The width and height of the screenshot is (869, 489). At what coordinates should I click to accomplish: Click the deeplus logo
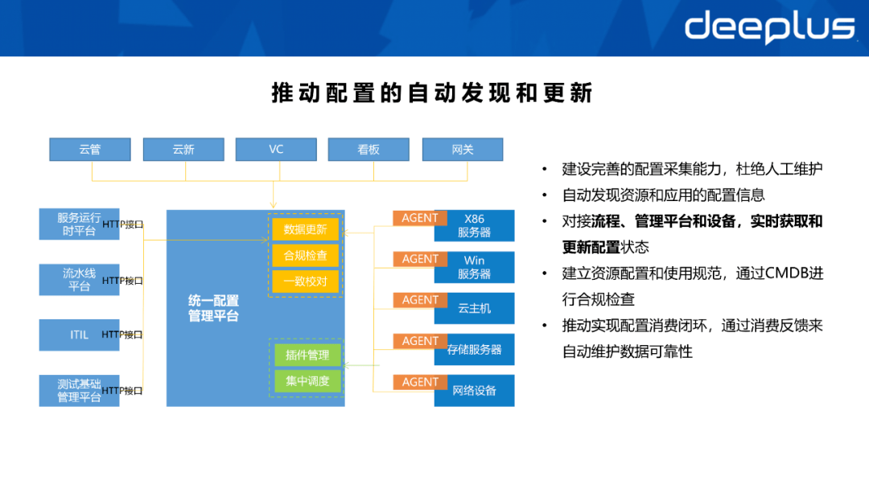coord(769,27)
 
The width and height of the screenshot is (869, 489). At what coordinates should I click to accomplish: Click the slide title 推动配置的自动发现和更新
coord(432,93)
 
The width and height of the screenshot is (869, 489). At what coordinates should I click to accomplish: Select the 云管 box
coord(89,150)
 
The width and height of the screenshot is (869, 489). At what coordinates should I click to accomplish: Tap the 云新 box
coord(183,150)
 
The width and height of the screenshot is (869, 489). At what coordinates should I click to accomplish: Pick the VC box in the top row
coord(276,150)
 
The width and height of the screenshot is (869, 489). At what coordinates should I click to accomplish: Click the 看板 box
coord(369,150)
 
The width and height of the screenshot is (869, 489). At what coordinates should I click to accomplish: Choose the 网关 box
coord(463,150)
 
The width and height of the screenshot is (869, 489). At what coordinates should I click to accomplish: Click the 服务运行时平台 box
coord(79,224)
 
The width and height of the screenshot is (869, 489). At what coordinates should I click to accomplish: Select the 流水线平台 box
coord(79,280)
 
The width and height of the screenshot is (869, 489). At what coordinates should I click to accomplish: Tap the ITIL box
coord(79,335)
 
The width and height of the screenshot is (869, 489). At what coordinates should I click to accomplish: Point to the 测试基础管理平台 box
coord(79,391)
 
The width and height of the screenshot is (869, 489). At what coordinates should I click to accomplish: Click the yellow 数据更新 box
coord(306,229)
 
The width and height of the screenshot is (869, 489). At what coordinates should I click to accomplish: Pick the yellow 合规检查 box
coord(306,256)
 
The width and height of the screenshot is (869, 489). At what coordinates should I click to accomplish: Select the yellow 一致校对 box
coord(306,281)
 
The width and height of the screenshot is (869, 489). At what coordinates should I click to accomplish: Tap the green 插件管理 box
coord(307,355)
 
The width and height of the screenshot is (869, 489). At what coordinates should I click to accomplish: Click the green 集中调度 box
coord(307,381)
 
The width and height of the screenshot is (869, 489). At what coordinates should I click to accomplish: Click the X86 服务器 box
coord(475,226)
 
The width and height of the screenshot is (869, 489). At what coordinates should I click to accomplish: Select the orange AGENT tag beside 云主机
coord(420,300)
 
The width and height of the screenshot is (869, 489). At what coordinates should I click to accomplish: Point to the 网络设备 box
coord(475,391)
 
